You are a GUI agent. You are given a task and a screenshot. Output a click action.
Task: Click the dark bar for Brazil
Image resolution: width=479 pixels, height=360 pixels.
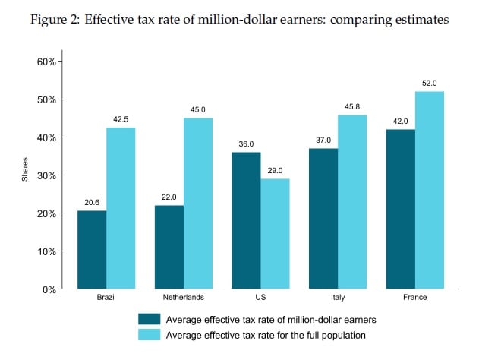(x=92, y=250)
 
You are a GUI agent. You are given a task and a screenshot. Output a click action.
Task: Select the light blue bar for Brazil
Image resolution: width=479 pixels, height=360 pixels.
(x=121, y=208)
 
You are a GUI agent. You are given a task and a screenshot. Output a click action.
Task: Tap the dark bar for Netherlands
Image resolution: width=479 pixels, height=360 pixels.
(x=169, y=247)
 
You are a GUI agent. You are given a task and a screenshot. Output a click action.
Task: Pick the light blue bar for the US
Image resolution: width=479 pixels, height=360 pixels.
(x=274, y=234)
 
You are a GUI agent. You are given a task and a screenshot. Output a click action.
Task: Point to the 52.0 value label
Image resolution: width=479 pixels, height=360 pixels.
(x=429, y=83)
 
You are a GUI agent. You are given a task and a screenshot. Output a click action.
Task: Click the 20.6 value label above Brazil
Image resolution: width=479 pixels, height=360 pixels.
(x=92, y=202)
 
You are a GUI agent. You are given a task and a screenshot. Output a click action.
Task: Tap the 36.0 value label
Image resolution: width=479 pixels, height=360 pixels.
(x=245, y=144)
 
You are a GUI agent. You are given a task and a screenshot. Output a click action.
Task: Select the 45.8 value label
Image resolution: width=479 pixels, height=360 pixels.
(x=352, y=106)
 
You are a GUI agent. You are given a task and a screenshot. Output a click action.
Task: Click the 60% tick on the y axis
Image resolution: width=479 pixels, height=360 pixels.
(x=46, y=62)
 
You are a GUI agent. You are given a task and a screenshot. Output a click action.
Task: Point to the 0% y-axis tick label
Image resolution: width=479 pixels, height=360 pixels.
(x=49, y=289)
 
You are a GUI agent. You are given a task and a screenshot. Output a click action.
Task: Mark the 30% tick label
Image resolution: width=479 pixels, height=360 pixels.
(x=46, y=175)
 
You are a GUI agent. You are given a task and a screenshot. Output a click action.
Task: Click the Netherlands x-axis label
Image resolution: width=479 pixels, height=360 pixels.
(x=183, y=298)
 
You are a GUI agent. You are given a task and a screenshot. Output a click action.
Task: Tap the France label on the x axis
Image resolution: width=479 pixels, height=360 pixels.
(x=414, y=298)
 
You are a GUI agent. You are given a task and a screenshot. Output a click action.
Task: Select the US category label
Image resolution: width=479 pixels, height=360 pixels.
(x=260, y=298)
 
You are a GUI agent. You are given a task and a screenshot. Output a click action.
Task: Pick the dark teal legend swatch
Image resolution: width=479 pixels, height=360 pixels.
(x=150, y=319)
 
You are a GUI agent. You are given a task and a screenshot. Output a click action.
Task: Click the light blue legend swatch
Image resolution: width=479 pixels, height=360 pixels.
(x=150, y=334)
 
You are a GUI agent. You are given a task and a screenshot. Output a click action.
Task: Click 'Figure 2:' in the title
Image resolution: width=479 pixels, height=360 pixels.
(x=55, y=20)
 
